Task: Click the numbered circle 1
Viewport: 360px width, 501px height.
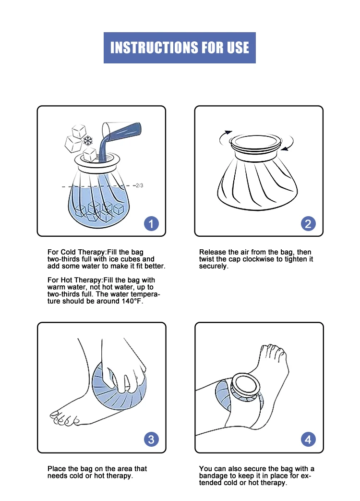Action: (x=151, y=224)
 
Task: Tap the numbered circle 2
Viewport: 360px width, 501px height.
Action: (x=308, y=224)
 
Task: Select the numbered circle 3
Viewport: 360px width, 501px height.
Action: (x=151, y=440)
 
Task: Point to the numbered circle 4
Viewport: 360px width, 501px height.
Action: (x=308, y=440)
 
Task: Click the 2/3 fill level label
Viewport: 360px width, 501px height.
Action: (x=140, y=185)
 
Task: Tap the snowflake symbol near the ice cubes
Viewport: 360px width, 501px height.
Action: (x=88, y=141)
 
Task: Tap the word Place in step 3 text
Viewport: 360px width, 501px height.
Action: (x=56, y=469)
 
